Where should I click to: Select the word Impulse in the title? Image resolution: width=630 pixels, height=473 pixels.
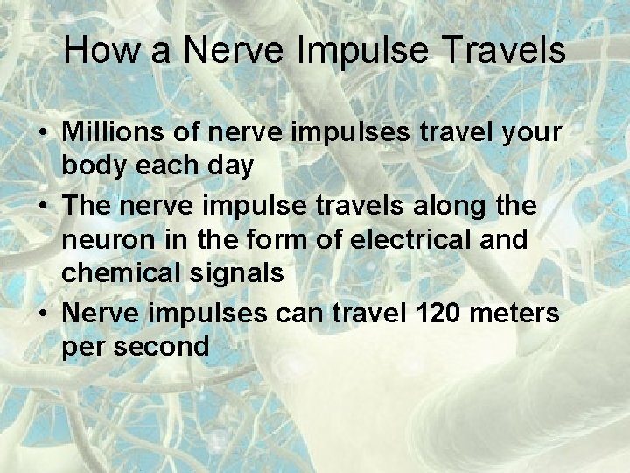[366, 51]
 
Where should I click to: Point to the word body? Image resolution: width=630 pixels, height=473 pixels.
[93, 166]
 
